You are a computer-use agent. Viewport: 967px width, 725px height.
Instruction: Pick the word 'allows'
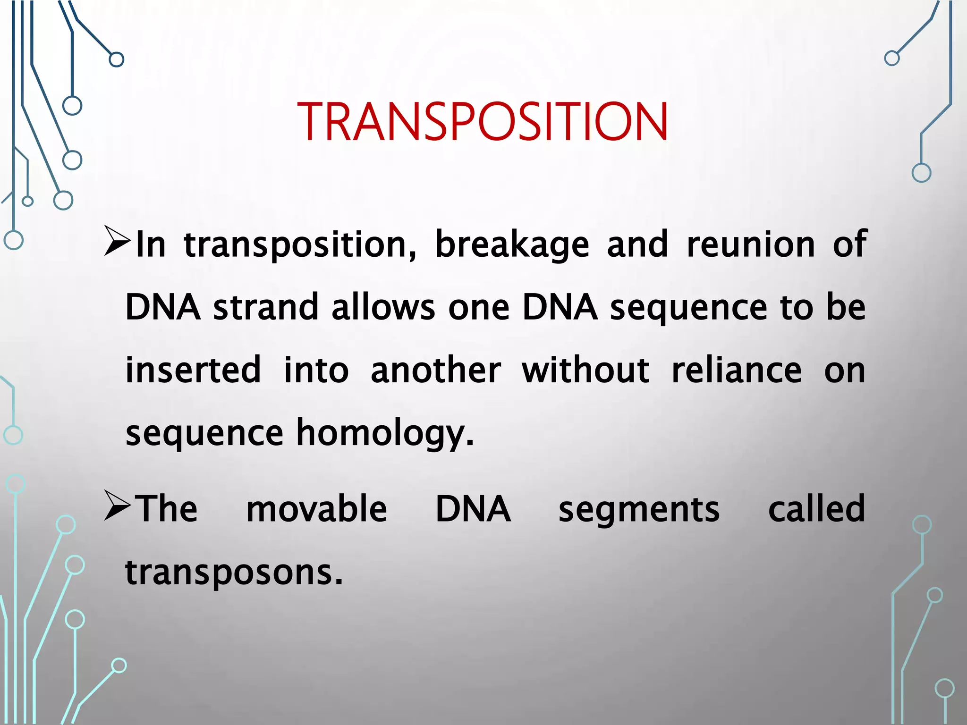383,307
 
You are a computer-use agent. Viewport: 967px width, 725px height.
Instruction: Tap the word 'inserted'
193,370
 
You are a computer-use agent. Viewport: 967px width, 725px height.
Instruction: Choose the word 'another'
435,370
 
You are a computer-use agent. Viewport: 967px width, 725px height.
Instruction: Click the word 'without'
585,370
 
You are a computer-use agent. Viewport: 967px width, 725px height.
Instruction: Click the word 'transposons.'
234,573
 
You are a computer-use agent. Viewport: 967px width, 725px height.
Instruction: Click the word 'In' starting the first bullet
151,244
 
